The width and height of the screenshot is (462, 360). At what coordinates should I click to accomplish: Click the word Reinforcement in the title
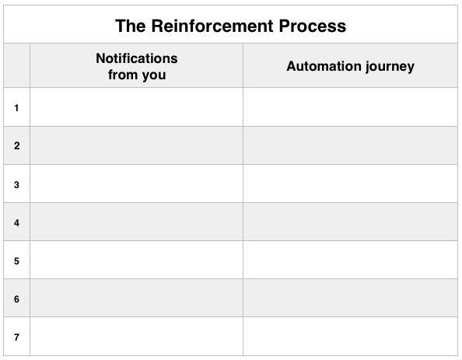(212, 26)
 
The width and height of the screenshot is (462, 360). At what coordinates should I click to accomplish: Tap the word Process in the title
(313, 26)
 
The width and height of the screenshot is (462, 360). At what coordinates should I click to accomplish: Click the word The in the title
(131, 26)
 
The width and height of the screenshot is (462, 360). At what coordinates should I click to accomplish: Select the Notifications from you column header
(137, 66)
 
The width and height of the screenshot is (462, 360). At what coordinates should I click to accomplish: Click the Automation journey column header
(350, 66)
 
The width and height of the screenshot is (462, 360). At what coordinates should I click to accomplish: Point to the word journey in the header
(390, 67)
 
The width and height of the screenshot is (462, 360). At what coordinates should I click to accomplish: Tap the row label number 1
(16, 108)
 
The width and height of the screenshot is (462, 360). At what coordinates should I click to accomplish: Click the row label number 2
(17, 145)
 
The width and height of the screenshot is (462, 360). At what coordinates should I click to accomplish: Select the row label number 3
(16, 185)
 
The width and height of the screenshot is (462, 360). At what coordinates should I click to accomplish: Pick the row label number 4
(16, 222)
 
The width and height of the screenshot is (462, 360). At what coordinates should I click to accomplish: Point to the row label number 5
(16, 260)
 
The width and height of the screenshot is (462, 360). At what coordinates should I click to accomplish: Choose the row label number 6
(16, 299)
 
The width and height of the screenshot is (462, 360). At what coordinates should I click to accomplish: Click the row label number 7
(16, 337)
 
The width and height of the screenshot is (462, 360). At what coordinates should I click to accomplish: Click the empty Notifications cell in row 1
(136, 107)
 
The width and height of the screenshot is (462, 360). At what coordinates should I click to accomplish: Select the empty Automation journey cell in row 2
(350, 145)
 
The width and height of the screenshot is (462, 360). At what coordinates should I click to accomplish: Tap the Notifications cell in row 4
(136, 222)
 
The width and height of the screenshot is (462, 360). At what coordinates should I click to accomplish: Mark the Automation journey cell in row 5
(350, 260)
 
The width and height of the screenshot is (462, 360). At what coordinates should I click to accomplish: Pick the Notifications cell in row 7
(136, 336)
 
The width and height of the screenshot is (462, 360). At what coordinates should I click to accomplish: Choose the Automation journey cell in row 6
(350, 298)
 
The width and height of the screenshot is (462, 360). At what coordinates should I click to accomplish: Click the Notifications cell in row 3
(136, 183)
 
